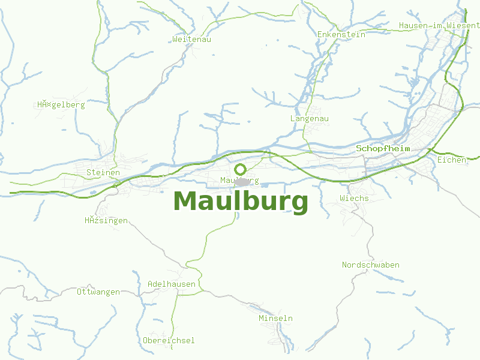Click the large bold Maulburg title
tap(241, 202)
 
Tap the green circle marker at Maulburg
tap(241, 169)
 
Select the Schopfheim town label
tap(383, 148)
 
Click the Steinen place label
tap(103, 173)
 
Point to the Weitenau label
tap(191, 39)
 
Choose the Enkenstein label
tap(341, 34)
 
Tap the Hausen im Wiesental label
tap(439, 26)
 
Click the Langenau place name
tap(309, 119)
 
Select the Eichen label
tap(452, 160)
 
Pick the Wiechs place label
tap(354, 198)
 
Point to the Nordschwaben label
tap(370, 265)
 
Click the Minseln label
tap(275, 318)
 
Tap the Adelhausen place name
tap(172, 284)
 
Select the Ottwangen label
tap(98, 292)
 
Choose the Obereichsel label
tap(169, 340)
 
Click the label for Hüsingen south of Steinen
tap(106, 220)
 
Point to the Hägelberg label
tap(61, 104)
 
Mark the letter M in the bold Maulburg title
tap(186, 202)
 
